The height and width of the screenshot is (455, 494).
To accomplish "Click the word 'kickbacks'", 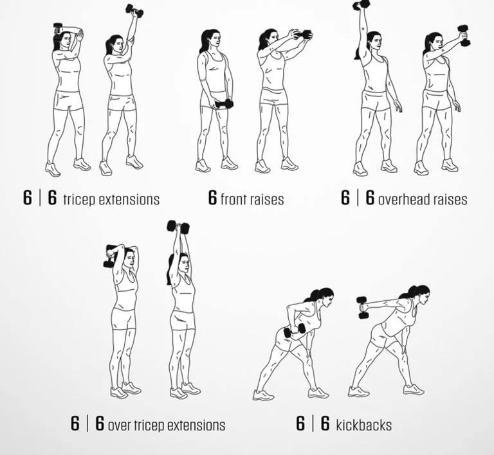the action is (364, 425).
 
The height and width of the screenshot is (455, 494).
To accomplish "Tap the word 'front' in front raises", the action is (233, 199).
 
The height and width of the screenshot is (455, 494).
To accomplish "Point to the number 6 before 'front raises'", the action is (213, 197).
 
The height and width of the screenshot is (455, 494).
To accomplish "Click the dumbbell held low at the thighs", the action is (224, 104).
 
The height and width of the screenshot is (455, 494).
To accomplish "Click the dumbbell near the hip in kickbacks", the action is (295, 331).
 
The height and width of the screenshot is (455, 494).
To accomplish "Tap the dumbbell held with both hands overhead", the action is (178, 226).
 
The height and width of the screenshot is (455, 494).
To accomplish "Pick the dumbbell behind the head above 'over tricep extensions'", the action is (110, 256).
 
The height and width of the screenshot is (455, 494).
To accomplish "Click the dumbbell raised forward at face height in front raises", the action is (302, 35).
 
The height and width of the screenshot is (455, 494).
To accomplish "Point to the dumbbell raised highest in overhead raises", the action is (361, 4).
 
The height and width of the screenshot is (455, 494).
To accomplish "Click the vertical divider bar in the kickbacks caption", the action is (313, 424).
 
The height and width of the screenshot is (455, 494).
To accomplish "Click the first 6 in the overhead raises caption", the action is (345, 197).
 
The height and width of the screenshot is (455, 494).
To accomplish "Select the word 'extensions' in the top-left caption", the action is (129, 200).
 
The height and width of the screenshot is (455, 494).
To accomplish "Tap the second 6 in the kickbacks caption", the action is (325, 424).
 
